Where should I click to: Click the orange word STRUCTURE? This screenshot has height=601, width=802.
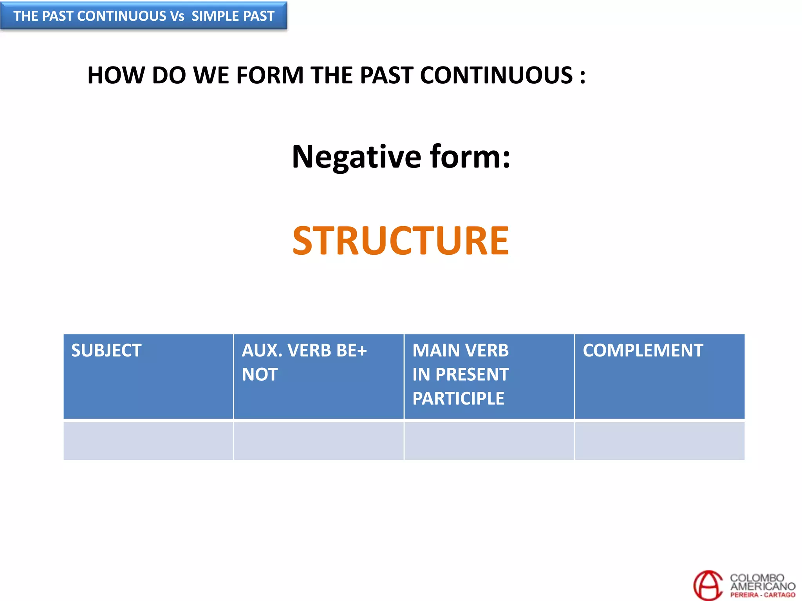400,241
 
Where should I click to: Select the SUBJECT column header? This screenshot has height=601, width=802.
106,350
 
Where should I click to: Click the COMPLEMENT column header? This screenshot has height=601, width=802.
643,350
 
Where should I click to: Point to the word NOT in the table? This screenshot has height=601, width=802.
260,374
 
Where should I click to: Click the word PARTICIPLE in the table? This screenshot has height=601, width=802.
458,398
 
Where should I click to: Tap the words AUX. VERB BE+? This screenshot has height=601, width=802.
304,350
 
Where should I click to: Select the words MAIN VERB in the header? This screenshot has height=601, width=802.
461,350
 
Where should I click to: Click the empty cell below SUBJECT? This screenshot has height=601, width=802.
148,441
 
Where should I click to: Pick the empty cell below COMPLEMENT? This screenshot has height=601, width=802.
659,441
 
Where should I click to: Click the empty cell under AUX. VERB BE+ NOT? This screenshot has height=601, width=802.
318,441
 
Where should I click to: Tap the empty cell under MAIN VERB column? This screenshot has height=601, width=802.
489,441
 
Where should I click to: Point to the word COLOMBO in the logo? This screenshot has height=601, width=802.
757,578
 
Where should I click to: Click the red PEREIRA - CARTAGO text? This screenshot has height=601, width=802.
762,595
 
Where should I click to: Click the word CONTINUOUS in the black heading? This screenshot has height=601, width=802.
497,75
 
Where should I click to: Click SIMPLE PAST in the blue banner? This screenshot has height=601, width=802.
233,16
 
